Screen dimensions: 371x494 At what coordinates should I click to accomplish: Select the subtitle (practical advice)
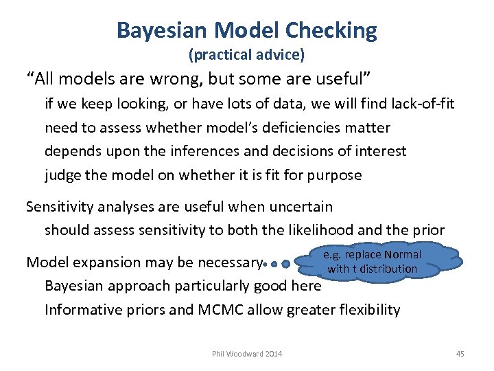click(x=246, y=54)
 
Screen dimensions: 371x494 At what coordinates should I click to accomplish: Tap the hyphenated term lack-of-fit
click(x=420, y=104)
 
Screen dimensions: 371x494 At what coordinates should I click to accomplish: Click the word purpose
click(x=334, y=175)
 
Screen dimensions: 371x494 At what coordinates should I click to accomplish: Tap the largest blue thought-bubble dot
click(x=286, y=263)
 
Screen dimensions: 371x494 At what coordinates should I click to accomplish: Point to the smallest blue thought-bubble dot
click(x=264, y=263)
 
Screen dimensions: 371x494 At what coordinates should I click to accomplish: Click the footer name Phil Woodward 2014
click(x=247, y=354)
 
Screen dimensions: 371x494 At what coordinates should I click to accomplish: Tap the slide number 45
click(x=460, y=354)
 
